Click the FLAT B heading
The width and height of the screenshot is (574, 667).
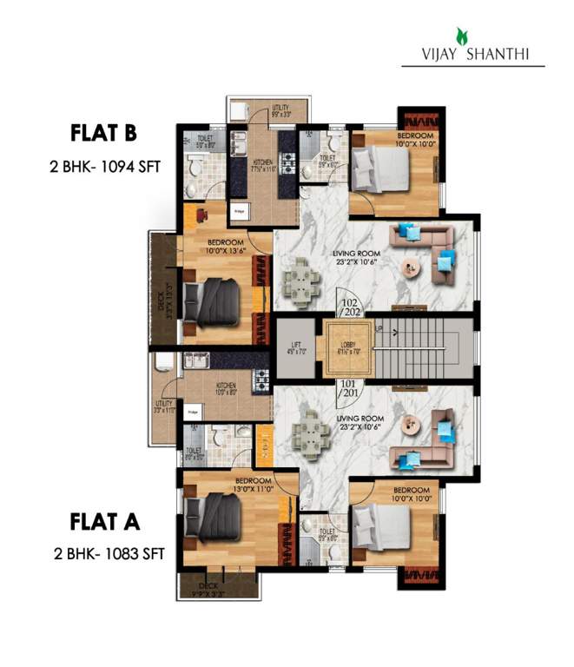coord(104,134)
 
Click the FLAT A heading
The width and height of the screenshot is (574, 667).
coord(104,522)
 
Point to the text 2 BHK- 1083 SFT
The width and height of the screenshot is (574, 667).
coord(105,551)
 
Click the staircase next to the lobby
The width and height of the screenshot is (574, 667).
coord(423,348)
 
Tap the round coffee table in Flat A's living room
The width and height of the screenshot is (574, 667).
coord(412,423)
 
